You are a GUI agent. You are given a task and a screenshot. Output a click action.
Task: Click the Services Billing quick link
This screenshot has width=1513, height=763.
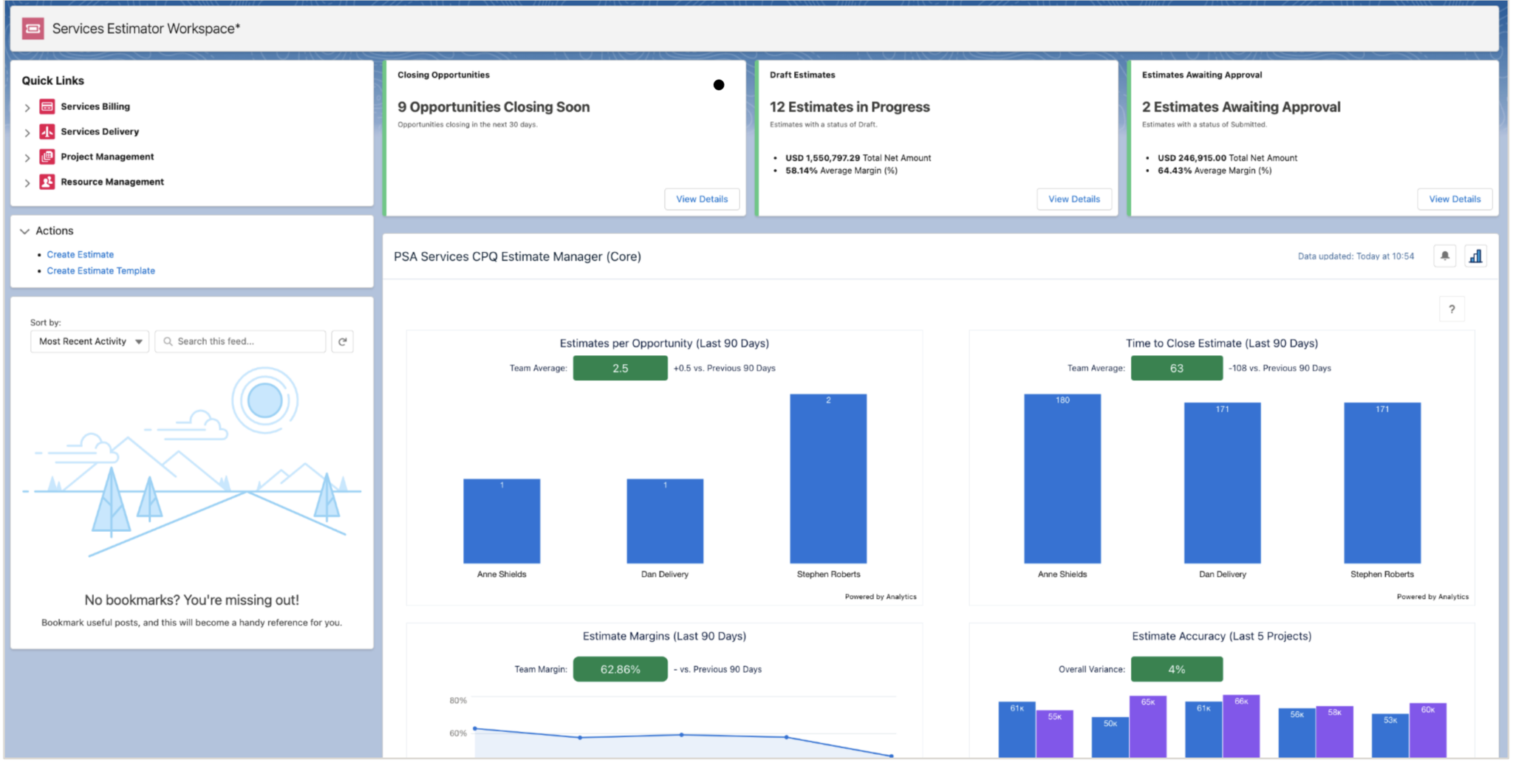click(x=95, y=106)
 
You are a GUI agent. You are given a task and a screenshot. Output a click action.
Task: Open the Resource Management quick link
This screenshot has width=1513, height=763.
click(x=112, y=182)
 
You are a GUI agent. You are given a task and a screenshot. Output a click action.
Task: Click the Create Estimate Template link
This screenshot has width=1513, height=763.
click(x=100, y=271)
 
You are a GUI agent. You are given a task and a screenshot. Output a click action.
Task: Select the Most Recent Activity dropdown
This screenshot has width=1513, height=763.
click(x=89, y=341)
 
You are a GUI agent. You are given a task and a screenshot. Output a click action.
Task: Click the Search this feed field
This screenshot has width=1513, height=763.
click(x=240, y=341)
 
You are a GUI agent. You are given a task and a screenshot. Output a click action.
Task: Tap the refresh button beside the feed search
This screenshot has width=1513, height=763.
click(x=342, y=341)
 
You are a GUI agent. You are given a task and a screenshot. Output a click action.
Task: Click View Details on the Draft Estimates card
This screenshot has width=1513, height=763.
click(x=1073, y=199)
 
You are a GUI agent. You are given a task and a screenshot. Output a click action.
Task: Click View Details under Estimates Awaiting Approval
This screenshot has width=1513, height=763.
click(x=1454, y=199)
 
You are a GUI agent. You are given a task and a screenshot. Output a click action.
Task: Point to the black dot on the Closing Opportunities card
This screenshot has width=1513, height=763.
click(x=718, y=85)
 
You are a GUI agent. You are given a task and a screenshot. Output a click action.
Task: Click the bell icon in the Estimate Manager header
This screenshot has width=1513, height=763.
click(x=1444, y=256)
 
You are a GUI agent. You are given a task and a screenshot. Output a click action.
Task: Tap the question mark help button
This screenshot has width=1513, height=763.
click(x=1451, y=309)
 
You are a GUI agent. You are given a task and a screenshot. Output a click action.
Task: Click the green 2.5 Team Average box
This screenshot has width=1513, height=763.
click(x=620, y=368)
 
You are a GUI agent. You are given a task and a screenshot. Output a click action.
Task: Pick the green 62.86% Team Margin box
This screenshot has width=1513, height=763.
click(x=620, y=669)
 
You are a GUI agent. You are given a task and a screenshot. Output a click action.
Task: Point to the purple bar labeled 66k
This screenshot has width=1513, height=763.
click(x=1241, y=728)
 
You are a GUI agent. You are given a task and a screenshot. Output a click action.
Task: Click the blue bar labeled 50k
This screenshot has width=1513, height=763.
click(x=1110, y=739)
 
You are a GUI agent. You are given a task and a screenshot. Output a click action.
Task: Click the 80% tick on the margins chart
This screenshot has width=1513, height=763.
click(x=458, y=700)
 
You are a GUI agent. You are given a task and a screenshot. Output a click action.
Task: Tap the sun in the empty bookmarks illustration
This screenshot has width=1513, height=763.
click(x=264, y=401)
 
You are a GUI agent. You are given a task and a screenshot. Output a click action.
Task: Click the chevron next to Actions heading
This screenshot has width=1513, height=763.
click(x=24, y=231)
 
